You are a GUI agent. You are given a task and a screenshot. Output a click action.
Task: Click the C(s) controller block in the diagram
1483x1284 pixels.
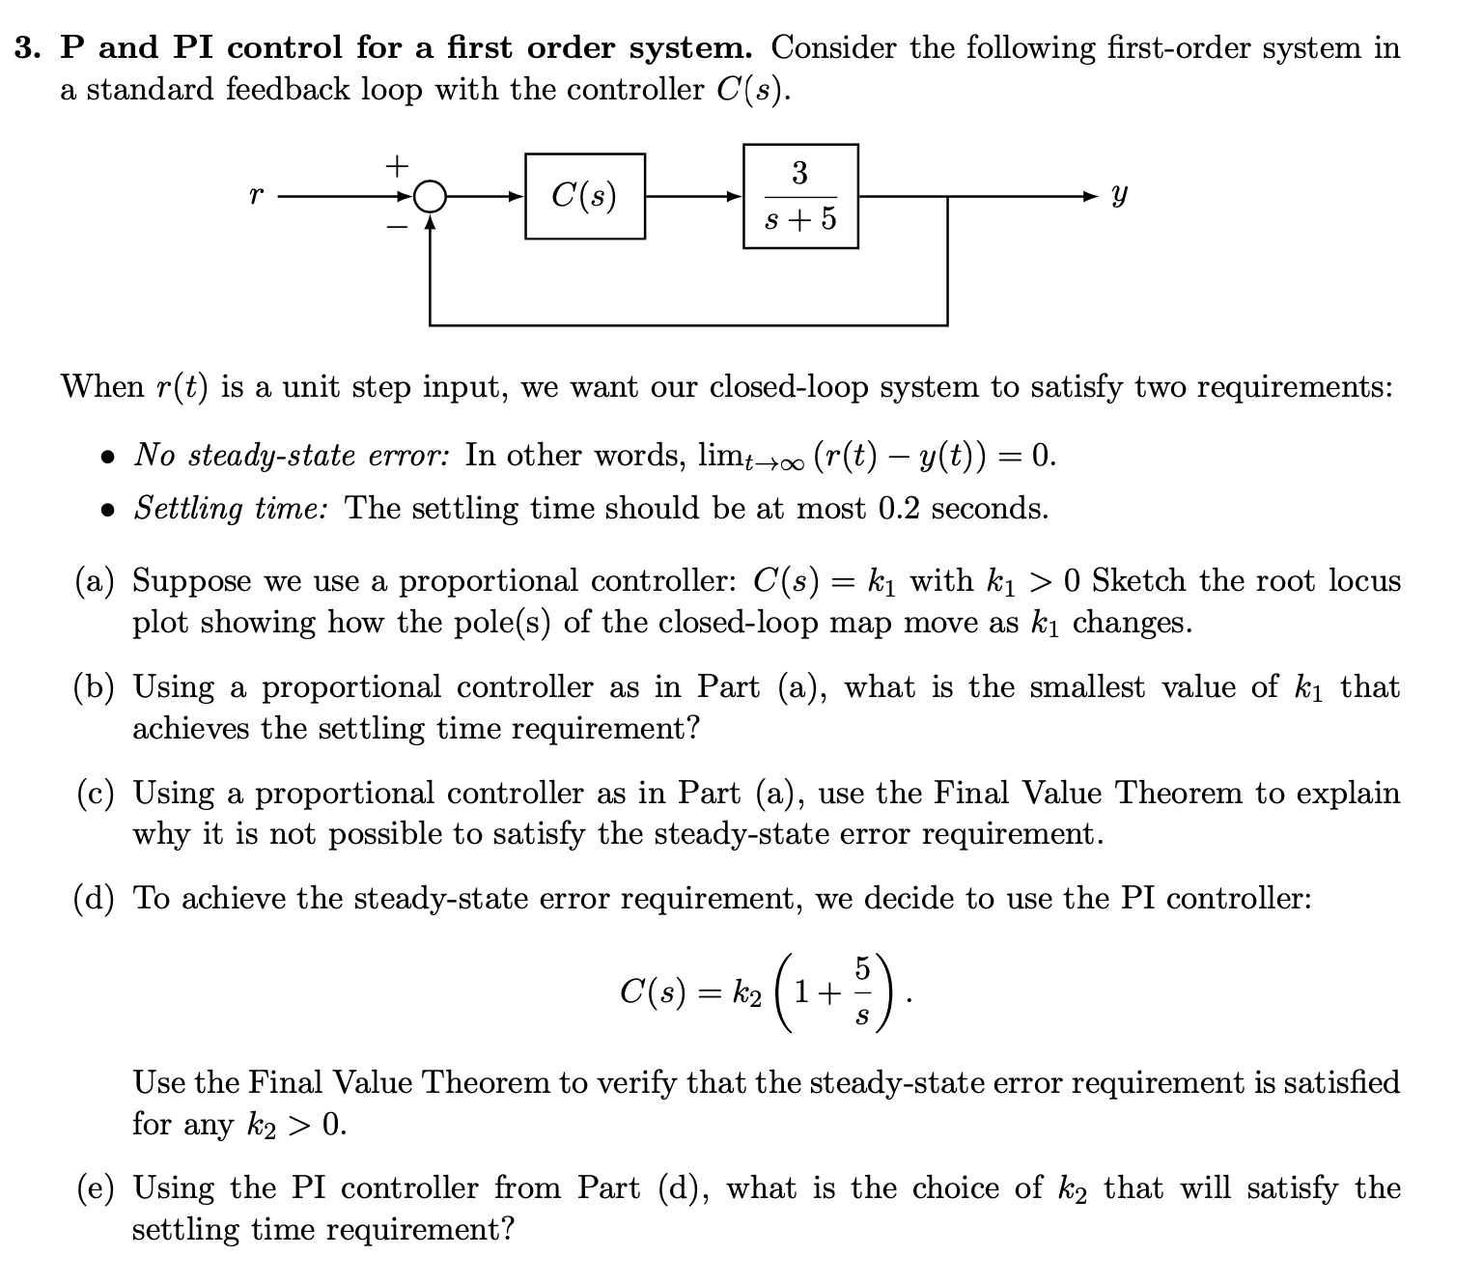point(585,196)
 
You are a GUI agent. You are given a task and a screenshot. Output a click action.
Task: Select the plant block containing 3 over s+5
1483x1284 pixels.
point(800,196)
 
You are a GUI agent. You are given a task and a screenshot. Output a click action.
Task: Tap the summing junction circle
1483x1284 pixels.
point(432,196)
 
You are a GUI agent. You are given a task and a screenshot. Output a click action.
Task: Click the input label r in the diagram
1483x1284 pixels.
point(255,196)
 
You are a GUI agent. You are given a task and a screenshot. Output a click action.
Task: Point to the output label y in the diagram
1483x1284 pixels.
point(1118,196)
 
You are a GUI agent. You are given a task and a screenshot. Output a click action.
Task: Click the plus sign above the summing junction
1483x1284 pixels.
point(396,166)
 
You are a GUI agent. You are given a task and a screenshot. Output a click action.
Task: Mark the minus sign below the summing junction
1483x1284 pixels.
point(396,228)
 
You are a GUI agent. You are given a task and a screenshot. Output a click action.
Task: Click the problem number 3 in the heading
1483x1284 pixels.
point(25,47)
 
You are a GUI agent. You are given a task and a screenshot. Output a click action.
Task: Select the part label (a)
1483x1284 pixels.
point(95,581)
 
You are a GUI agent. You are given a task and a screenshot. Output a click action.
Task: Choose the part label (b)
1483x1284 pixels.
point(95,687)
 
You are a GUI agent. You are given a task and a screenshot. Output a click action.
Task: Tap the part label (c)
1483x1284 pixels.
point(95,794)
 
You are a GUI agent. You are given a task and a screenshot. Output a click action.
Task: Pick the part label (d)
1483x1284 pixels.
point(95,899)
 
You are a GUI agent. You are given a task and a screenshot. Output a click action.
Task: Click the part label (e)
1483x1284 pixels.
point(95,1188)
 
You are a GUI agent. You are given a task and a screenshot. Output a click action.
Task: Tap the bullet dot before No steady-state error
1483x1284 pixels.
point(112,456)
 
